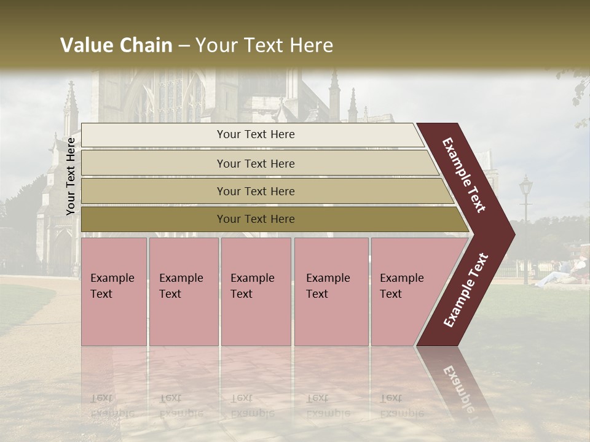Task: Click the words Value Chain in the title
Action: pyautogui.click(x=116, y=45)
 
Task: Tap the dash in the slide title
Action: pyautogui.click(x=184, y=46)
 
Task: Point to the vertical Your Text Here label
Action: pyautogui.click(x=71, y=176)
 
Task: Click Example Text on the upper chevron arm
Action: pyautogui.click(x=464, y=175)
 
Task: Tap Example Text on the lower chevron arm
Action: pyautogui.click(x=466, y=290)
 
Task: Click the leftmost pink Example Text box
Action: pyautogui.click(x=114, y=292)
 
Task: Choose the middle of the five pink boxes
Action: pyautogui.click(x=256, y=292)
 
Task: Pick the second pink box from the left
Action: pyautogui.click(x=184, y=292)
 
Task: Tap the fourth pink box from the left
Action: pyautogui.click(x=331, y=292)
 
